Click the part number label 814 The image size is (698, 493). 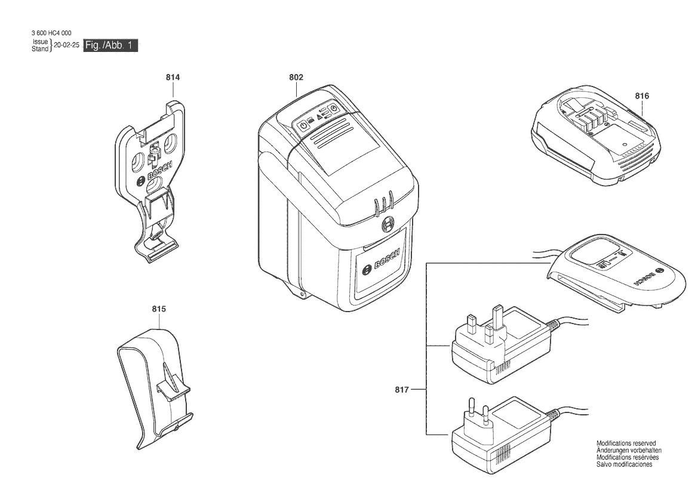pyautogui.click(x=173, y=78)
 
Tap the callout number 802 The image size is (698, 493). pyautogui.click(x=296, y=78)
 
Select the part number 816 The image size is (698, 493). pyautogui.click(x=642, y=95)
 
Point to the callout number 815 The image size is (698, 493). pyautogui.click(x=158, y=309)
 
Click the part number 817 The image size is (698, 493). pyautogui.click(x=401, y=390)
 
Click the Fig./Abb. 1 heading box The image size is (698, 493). pyautogui.click(x=110, y=45)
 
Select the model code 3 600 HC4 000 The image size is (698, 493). pyautogui.click(x=51, y=33)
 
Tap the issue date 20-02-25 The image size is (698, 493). pyautogui.click(x=66, y=45)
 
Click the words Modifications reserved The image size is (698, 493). pyautogui.click(x=626, y=443)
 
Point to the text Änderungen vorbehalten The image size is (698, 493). pyautogui.click(x=629, y=450)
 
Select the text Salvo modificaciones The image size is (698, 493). pyautogui.click(x=624, y=464)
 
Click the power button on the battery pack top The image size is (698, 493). pyautogui.click(x=303, y=125)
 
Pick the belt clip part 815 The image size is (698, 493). pyautogui.click(x=155, y=390)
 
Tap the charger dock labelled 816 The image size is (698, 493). pyautogui.click(x=595, y=135)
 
